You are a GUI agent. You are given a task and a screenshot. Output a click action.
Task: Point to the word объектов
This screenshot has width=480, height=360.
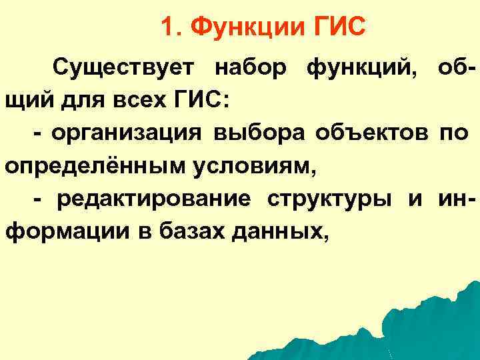click(x=365, y=133)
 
